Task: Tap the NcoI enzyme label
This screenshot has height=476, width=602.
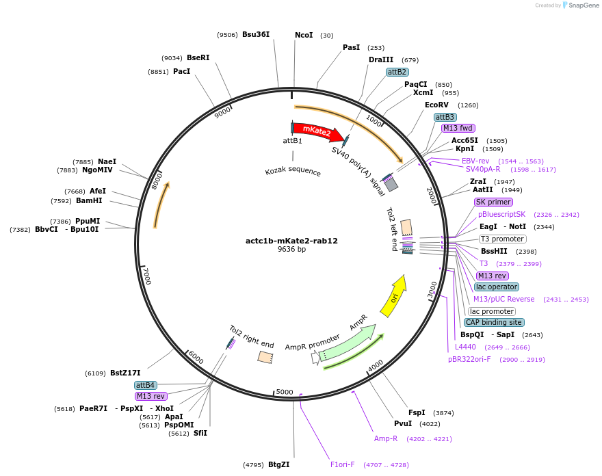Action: pos(304,35)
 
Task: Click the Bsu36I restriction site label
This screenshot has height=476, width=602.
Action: pos(256,34)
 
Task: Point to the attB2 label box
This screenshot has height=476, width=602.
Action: pos(397,72)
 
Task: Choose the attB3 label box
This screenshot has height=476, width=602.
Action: pos(445,117)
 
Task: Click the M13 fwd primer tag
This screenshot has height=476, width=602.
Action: pos(458,128)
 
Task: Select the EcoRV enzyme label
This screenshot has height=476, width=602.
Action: pos(436,105)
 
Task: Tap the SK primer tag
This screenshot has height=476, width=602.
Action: pos(493,202)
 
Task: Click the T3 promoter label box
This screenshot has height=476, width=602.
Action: pos(502,239)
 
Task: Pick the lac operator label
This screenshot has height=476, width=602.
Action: pos(497,287)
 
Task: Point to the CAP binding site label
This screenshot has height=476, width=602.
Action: pos(494,322)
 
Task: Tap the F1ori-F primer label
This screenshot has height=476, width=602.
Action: pos(343,464)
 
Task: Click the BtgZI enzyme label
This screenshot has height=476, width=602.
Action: pos(278,464)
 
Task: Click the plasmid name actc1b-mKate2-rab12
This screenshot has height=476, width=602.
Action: pos(292,241)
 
